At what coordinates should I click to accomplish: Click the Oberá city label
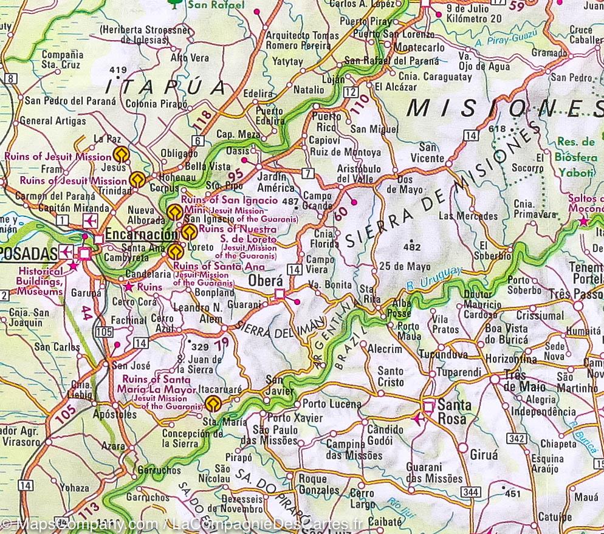tap(266, 281)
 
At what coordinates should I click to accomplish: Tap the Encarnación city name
tap(140, 234)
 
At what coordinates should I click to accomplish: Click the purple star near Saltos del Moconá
tap(583, 221)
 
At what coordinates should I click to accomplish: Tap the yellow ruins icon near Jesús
tap(120, 154)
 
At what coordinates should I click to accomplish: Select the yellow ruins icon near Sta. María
tap(212, 403)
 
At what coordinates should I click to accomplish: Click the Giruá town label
tap(483, 454)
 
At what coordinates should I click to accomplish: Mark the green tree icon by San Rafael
tap(174, 4)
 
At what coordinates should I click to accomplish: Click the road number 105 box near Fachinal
tap(104, 331)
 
